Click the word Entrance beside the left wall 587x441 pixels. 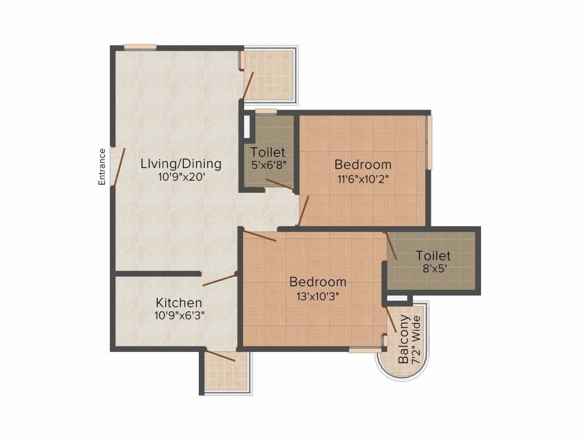(102, 166)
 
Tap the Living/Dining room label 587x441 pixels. (181, 164)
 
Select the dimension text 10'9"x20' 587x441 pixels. (181, 177)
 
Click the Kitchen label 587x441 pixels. (179, 302)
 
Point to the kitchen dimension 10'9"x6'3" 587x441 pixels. (179, 315)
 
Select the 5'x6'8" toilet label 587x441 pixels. (268, 153)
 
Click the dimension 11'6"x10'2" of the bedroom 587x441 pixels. (363, 179)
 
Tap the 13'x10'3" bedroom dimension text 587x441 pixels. (318, 296)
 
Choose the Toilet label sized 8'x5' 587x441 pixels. (433, 256)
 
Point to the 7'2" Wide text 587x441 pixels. (417, 339)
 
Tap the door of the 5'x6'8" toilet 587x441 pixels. (280, 184)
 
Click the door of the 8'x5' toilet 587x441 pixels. (390, 247)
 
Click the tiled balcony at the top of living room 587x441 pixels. (269, 75)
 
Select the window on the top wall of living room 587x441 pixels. (140, 47)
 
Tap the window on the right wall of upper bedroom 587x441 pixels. (429, 142)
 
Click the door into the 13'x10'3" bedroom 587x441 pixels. (259, 236)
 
